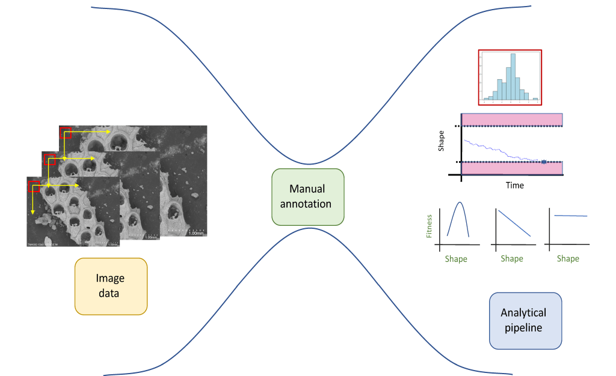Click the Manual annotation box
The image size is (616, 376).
[307, 197]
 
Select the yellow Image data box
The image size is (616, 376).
[111, 287]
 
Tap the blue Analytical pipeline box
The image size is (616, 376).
[525, 321]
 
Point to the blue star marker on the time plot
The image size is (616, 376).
[543, 162]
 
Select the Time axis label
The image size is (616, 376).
[514, 186]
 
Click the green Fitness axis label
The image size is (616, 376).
[430, 226]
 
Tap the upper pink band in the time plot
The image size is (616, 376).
[511, 119]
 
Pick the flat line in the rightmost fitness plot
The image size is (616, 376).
[570, 215]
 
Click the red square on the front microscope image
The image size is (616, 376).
[35, 187]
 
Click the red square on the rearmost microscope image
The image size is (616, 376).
[66, 133]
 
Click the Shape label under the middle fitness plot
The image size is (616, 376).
[512, 259]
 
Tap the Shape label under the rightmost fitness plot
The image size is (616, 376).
[568, 259]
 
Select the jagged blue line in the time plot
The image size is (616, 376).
[499, 151]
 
